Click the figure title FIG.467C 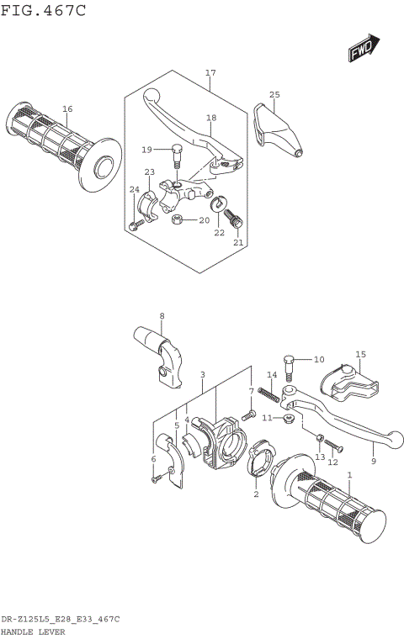43,11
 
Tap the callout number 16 67,108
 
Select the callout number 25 274,94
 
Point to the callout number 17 210,72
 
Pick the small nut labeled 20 176,220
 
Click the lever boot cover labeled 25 278,129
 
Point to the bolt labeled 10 291,364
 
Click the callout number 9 372,462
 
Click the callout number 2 256,494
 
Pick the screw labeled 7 249,415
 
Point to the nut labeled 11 289,418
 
